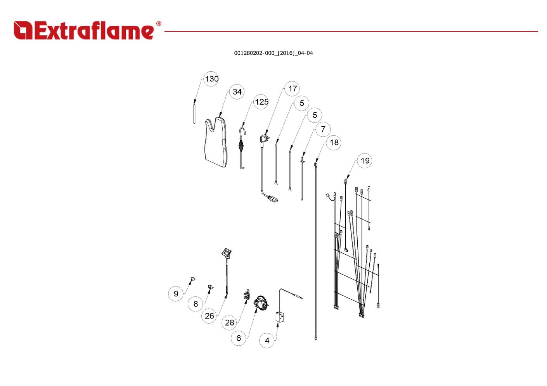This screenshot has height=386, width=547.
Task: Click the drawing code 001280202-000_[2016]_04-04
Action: [273, 53]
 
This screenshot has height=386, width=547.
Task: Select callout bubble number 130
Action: [211, 79]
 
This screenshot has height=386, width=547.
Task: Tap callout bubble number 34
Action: [237, 91]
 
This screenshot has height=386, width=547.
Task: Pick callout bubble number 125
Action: [261, 102]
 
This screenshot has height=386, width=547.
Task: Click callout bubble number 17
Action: [293, 88]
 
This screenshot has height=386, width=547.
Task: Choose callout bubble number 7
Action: [323, 129]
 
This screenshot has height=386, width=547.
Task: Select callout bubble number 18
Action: [334, 142]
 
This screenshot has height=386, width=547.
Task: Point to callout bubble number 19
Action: [365, 160]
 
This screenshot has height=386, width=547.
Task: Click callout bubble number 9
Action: [176, 293]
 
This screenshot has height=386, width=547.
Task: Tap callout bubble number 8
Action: [196, 304]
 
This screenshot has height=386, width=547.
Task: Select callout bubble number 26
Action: [209, 315]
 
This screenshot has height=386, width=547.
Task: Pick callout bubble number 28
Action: [230, 322]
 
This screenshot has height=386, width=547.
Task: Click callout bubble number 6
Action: [239, 338]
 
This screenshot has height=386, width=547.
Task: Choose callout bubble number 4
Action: [267, 340]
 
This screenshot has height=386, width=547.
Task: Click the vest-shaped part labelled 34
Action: [216, 143]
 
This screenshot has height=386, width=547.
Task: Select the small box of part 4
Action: [280, 317]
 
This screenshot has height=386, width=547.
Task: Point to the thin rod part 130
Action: [194, 112]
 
